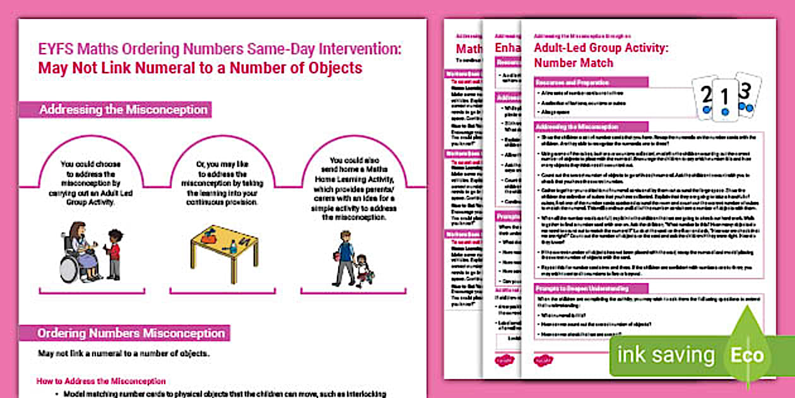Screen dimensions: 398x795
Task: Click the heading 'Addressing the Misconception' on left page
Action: point(123,110)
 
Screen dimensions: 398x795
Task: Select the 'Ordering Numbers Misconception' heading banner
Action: point(131,333)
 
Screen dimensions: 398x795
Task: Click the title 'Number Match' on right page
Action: point(573,63)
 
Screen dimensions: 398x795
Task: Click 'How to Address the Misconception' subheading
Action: point(101,382)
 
